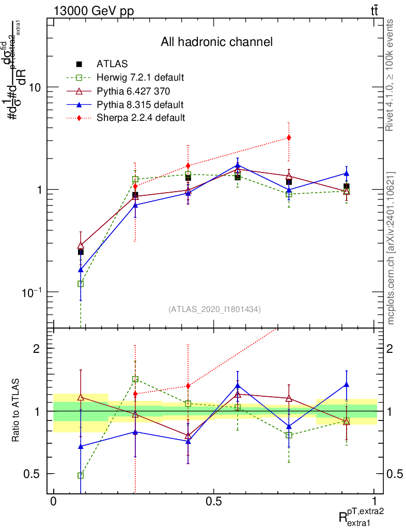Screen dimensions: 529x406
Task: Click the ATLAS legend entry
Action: (x=113, y=65)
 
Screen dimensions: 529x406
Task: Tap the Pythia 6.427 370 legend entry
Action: (x=133, y=91)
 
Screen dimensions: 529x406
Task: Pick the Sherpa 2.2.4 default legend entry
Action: (x=140, y=118)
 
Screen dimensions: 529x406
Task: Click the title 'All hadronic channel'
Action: (x=216, y=42)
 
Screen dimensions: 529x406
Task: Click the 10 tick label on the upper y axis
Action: (x=35, y=87)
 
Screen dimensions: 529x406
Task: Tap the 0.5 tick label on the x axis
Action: (x=214, y=501)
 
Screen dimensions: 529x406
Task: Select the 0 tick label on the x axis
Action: (x=53, y=501)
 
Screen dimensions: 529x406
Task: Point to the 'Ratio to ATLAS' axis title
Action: (x=17, y=411)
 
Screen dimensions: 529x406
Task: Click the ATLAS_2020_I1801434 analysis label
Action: (x=214, y=309)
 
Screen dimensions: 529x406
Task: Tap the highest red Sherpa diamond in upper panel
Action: (x=289, y=137)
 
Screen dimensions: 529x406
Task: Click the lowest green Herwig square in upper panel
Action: (x=81, y=284)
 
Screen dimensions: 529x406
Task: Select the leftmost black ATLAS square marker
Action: (x=81, y=252)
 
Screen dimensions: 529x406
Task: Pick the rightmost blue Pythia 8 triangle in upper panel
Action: (x=347, y=174)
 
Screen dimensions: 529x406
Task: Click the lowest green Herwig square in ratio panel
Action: (x=81, y=475)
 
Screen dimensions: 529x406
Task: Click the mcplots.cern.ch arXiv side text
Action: (x=391, y=248)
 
